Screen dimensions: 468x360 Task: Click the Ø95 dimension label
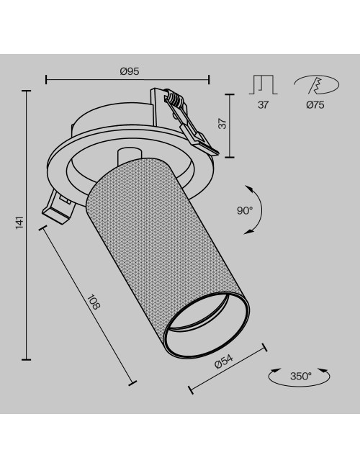129,70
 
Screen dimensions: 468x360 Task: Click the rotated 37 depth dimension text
222,124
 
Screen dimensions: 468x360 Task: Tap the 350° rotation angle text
300,376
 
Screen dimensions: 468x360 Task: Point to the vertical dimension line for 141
27,225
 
